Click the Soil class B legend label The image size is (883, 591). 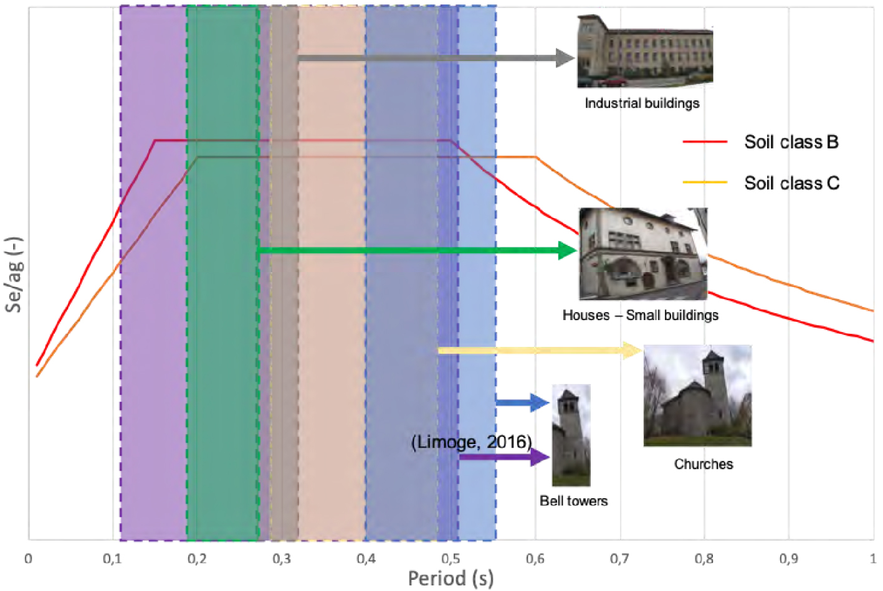[791, 142]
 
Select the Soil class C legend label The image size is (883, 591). [792, 183]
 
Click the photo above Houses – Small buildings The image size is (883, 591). [643, 254]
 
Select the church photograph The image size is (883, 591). [697, 395]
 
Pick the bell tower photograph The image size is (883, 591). [571, 435]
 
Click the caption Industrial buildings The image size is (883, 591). [642, 103]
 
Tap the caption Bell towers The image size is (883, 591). [573, 501]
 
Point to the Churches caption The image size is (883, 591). [704, 464]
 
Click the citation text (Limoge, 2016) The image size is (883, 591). [472, 442]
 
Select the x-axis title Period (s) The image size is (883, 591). [451, 578]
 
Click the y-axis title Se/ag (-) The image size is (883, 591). [14, 274]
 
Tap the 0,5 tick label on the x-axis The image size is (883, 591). [451, 559]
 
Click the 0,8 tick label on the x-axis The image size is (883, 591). [704, 559]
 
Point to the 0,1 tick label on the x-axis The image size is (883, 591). [112, 559]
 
